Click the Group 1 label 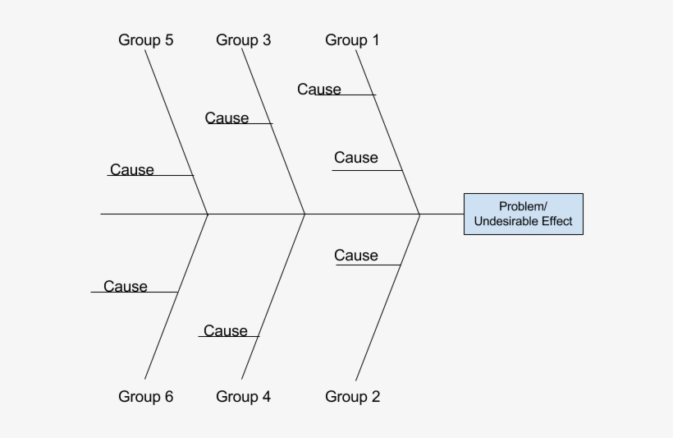click(352, 40)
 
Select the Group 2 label click(352, 397)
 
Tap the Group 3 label click(243, 40)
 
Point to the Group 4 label click(243, 397)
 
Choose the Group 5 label click(145, 40)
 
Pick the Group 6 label click(145, 397)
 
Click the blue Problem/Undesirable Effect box click(523, 214)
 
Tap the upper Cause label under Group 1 click(319, 90)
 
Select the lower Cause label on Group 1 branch click(355, 158)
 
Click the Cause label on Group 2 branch click(355, 256)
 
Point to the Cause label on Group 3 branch click(227, 118)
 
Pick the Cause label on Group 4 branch click(225, 331)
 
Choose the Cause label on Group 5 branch click(131, 170)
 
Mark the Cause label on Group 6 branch click(126, 287)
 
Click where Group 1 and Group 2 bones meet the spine click(420, 214)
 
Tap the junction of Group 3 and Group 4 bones click(305, 214)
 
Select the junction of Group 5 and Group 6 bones click(208, 214)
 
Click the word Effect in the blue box click(557, 222)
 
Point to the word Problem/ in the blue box click(523, 206)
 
